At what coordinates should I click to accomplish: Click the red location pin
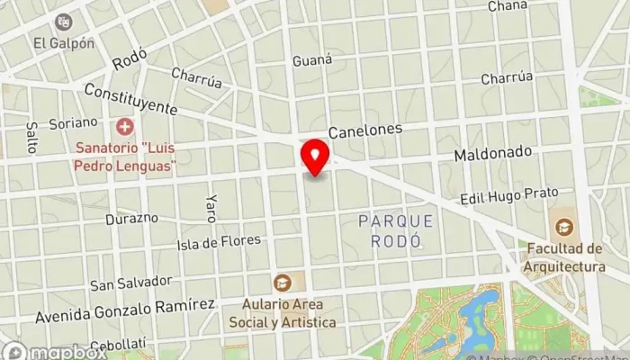315,157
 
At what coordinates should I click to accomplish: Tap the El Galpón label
63,42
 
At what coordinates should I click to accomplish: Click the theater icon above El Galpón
63,21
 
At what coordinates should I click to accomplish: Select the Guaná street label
312,60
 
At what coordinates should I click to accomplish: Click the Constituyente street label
130,99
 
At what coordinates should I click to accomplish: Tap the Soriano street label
74,122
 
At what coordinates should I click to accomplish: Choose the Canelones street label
364,130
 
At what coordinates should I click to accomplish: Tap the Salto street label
32,138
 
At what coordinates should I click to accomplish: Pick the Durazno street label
131,219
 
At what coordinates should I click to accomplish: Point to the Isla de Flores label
219,242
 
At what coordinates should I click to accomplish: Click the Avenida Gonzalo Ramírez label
124,310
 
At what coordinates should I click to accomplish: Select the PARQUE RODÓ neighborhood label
395,230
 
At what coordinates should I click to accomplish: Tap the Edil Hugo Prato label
508,194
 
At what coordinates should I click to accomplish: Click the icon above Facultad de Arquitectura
563,227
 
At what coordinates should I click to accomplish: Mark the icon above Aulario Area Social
283,282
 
